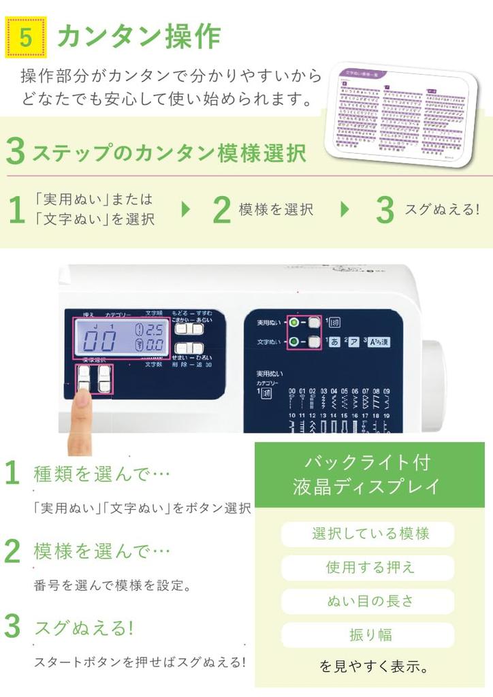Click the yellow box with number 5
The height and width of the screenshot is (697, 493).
click(26, 37)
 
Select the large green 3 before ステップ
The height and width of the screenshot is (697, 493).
click(15, 152)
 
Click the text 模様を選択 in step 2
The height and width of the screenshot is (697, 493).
click(276, 210)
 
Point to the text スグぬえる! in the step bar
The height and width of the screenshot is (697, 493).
click(442, 210)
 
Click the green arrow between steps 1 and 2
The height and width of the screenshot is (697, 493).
click(185, 210)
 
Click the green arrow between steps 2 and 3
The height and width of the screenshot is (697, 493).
click(345, 210)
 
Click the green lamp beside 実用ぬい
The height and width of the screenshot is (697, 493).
click(293, 323)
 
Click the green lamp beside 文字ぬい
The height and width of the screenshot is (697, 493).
click(293, 342)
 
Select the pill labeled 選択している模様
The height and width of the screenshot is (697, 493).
click(368, 534)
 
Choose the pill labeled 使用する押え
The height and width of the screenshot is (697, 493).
click(368, 567)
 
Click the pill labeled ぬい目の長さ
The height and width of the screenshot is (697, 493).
click(368, 601)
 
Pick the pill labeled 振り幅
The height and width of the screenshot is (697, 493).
click(368, 634)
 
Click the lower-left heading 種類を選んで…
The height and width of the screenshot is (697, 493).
click(101, 474)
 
